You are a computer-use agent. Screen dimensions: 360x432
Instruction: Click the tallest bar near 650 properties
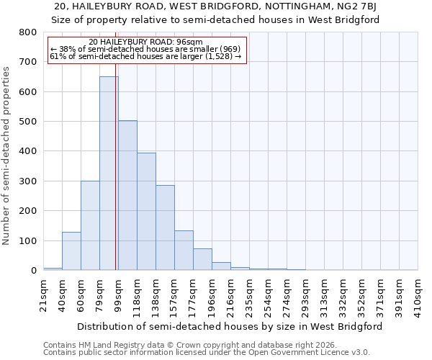point(109,173)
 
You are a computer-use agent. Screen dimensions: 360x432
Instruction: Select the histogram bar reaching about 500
point(127,195)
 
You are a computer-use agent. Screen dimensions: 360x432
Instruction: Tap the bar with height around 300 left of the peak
point(90,225)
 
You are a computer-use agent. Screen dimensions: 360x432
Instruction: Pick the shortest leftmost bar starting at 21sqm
point(53,269)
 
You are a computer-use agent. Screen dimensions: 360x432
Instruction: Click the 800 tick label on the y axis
point(28,32)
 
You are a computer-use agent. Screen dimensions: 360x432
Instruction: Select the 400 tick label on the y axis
point(28,151)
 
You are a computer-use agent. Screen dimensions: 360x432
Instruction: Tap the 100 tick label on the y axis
point(28,240)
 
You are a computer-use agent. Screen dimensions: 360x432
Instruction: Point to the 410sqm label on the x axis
point(418,293)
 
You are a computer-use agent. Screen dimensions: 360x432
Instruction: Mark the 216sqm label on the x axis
point(231,293)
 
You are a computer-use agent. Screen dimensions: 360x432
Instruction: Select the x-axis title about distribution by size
point(230,326)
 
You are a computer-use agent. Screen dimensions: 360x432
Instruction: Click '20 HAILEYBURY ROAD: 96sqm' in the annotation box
point(145,42)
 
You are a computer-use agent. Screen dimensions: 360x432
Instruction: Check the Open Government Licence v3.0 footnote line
point(207,353)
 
